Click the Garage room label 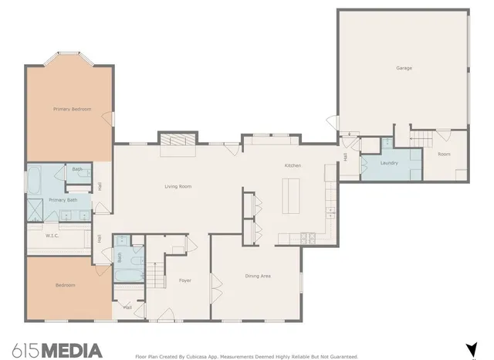[404, 68]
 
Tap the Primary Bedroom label [72, 109]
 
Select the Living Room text [178, 186]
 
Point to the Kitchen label [293, 166]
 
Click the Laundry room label [389, 163]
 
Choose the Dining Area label [258, 276]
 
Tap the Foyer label [185, 280]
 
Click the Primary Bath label [63, 200]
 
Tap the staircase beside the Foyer [156, 273]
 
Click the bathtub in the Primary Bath [36, 180]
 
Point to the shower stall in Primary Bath [36, 209]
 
